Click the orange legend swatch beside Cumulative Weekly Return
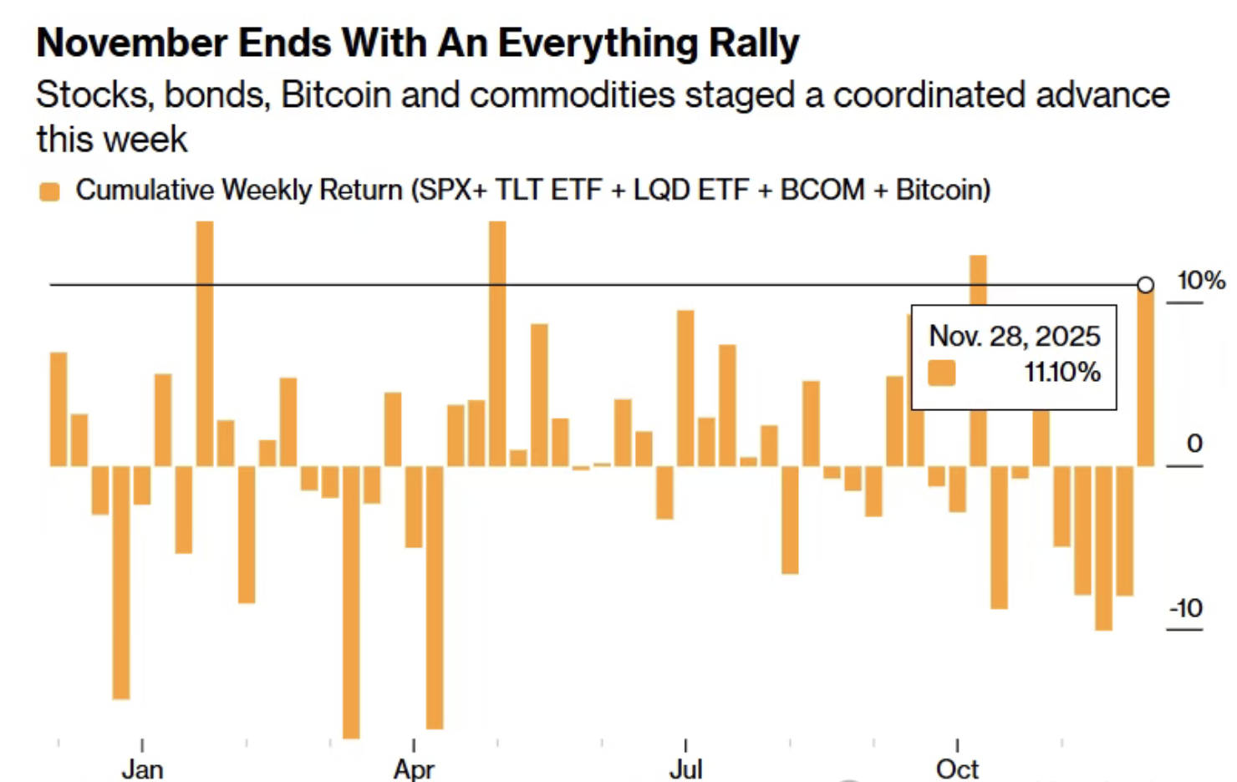point(49,192)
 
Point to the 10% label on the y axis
point(1201,281)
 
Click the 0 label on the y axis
point(1194,444)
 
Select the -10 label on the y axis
point(1185,608)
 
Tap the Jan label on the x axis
point(142,769)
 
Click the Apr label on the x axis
point(414,769)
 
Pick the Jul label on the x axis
point(685,769)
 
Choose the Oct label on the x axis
point(957,769)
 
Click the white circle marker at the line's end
point(1146,285)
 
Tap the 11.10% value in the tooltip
point(1062,372)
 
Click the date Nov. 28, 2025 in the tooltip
point(1015,336)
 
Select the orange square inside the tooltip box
point(942,373)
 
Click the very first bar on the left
point(59,409)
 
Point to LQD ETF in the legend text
point(690,190)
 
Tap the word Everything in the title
point(597,44)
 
